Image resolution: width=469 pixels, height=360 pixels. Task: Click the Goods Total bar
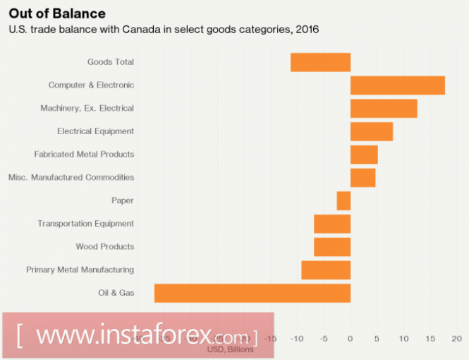point(320,62)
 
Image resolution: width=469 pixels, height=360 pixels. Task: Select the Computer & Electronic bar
point(397,85)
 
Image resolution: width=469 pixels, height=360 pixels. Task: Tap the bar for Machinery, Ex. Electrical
point(384,109)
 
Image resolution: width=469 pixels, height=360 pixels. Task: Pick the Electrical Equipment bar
point(372,131)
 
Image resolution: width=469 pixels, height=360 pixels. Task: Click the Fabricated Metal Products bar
point(364,155)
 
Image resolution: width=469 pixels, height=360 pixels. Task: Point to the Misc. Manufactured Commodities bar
point(363,177)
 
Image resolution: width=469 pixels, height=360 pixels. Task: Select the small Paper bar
point(343,200)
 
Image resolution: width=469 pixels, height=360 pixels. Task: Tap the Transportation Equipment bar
point(332,224)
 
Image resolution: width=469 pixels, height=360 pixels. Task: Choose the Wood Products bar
point(332,247)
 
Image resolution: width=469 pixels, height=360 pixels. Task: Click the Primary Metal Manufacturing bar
point(326,270)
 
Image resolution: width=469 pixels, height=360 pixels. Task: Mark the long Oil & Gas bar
point(252,293)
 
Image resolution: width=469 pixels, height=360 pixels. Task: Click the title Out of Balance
point(57,13)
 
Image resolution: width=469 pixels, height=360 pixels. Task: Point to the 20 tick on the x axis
point(456,339)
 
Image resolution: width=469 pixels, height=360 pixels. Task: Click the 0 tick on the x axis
point(350,339)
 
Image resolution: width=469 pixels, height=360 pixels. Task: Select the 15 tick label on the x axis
point(430,339)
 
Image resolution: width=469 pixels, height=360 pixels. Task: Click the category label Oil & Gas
point(116,293)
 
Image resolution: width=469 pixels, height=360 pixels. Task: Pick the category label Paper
point(123,200)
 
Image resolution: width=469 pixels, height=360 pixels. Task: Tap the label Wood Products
point(105,247)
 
